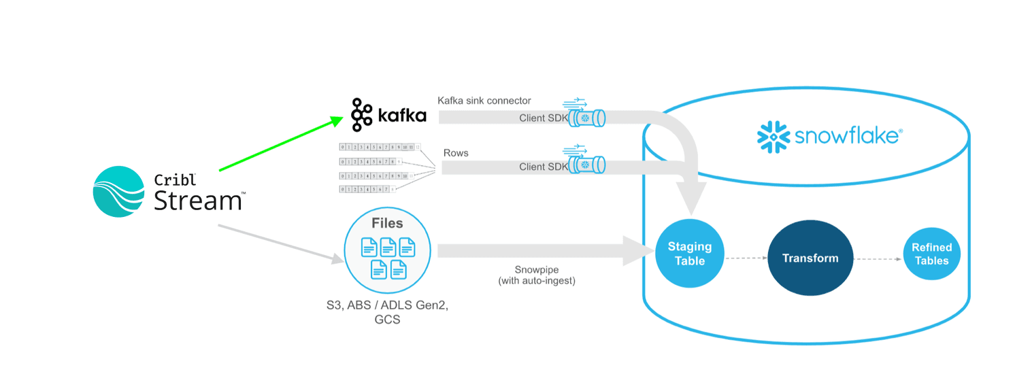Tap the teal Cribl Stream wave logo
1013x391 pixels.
[119, 191]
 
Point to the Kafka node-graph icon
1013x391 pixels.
[361, 115]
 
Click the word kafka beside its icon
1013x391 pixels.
[401, 116]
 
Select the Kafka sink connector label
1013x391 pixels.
[484, 101]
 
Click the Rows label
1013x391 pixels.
[455, 153]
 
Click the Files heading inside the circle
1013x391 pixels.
[386, 223]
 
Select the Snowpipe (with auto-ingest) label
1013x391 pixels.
[537, 275]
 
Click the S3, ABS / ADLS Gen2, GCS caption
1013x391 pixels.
[387, 312]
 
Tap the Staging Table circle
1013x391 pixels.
[689, 254]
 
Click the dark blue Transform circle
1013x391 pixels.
[810, 258]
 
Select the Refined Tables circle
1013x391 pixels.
[931, 254]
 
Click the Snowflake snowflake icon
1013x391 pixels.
[773, 136]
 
